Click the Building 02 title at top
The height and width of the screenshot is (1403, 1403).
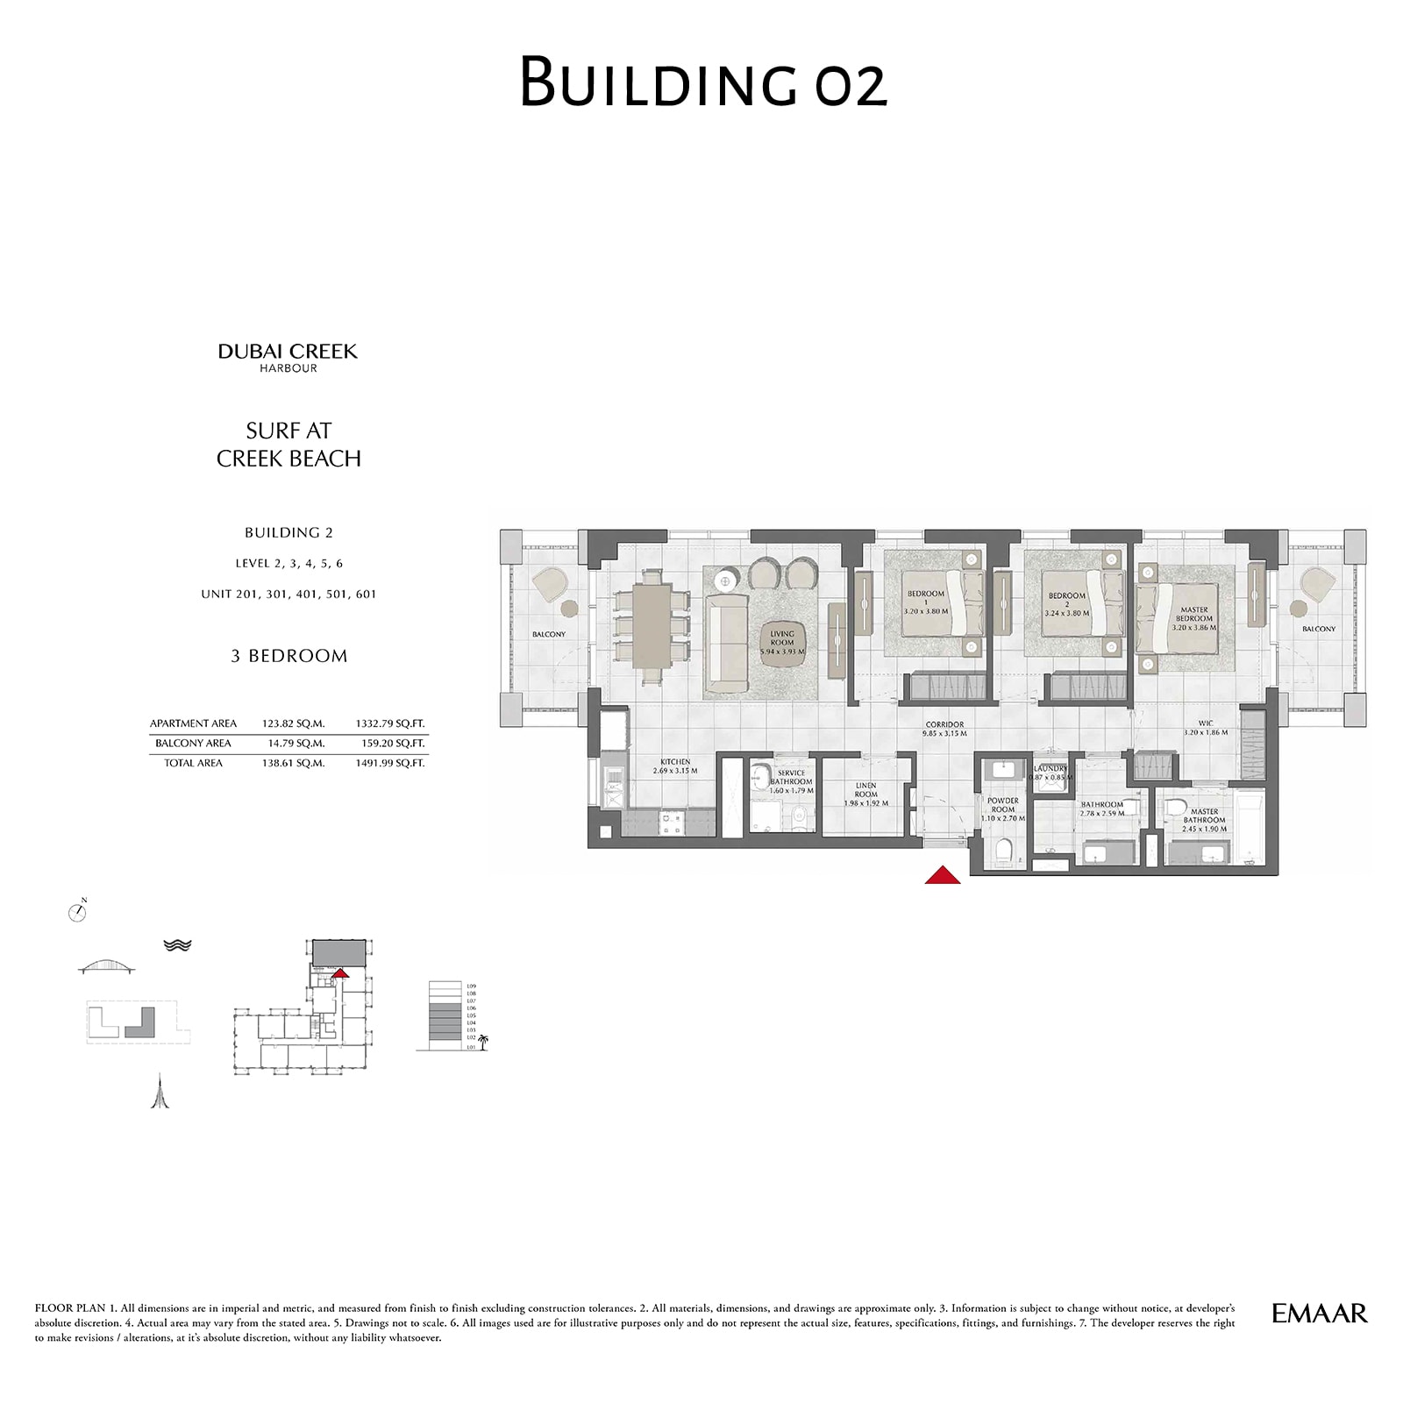tap(703, 82)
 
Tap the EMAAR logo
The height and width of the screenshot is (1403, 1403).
tap(1319, 1313)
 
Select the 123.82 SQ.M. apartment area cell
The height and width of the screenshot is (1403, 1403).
tap(293, 723)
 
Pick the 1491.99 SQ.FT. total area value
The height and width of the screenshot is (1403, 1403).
tap(389, 763)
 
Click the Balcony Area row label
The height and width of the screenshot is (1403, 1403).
tap(193, 743)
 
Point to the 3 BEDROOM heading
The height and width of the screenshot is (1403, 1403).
tap(288, 656)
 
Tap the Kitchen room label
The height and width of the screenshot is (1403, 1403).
tap(675, 766)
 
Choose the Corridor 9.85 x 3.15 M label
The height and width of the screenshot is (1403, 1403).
tap(944, 729)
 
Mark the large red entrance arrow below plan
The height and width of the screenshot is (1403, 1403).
tap(943, 874)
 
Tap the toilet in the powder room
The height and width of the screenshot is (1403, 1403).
tap(1004, 850)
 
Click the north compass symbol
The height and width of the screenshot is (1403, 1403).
tap(77, 912)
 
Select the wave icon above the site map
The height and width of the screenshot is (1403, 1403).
tap(177, 945)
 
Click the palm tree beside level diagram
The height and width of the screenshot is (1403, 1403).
tap(482, 1042)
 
